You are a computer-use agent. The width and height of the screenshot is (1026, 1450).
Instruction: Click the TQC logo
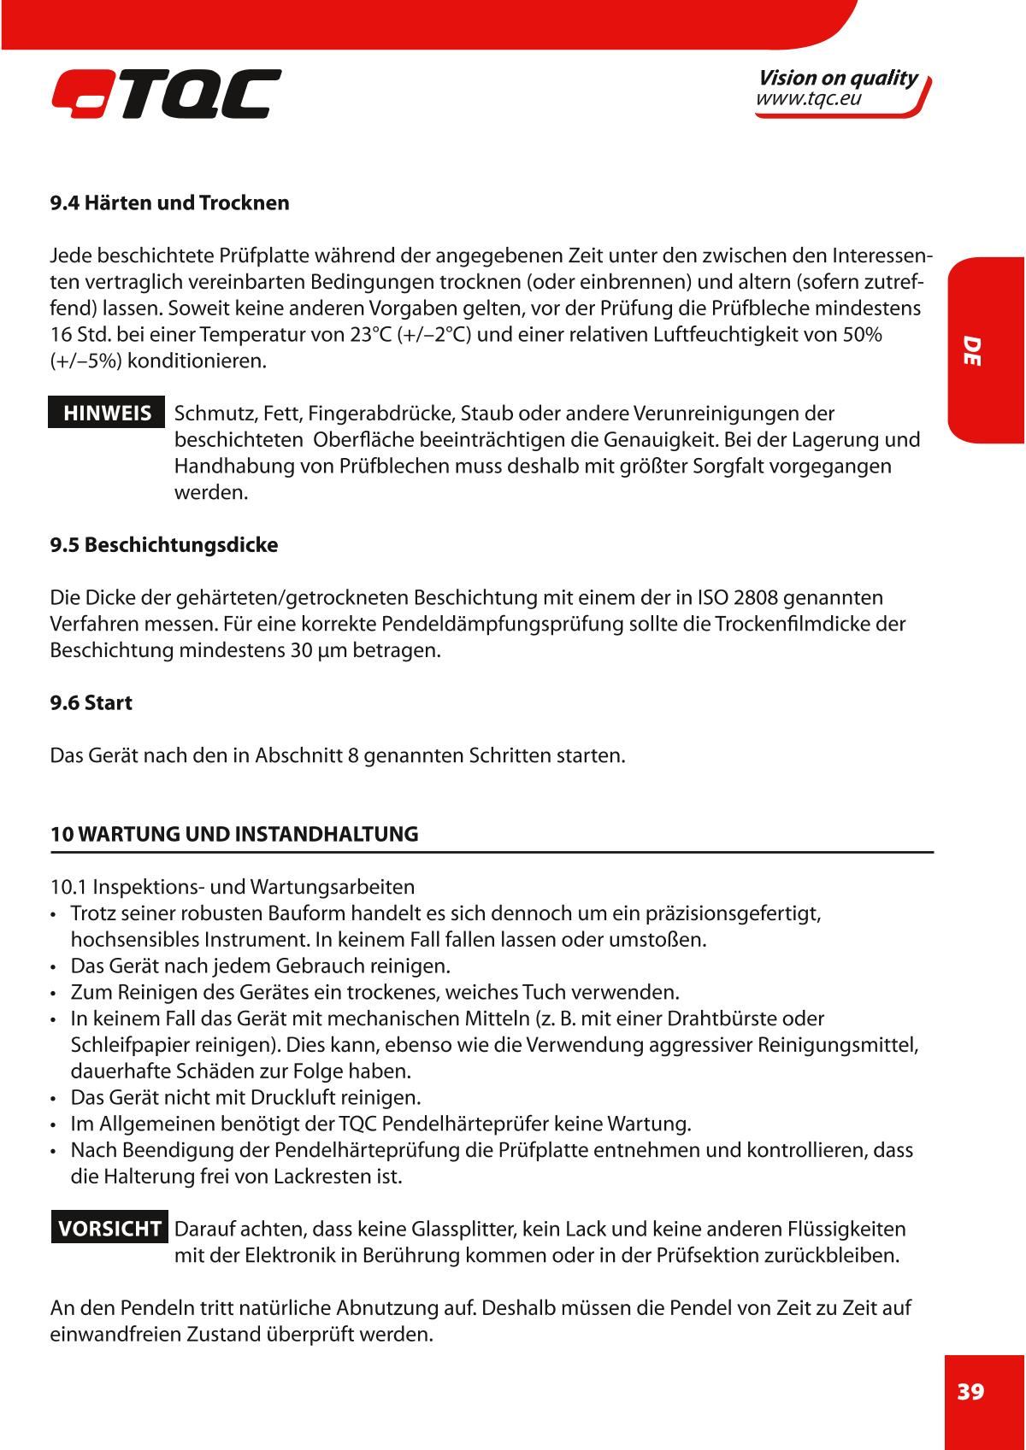tap(166, 93)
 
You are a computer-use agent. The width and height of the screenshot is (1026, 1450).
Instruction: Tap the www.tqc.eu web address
tap(808, 99)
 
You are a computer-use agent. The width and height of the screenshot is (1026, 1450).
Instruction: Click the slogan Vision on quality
tap(838, 78)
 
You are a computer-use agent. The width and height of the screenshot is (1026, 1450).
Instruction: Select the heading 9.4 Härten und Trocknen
tap(170, 203)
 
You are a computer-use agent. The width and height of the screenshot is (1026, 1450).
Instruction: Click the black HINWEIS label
tap(107, 414)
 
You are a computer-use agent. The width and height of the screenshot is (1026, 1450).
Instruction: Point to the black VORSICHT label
tap(109, 1229)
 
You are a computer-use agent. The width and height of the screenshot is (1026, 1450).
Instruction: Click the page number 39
tap(970, 1391)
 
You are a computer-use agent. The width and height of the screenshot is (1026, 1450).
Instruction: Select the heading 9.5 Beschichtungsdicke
tap(164, 545)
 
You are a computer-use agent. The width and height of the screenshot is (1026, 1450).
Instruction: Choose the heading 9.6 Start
tap(91, 703)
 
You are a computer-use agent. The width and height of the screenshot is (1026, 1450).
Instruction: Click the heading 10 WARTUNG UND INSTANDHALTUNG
tap(235, 834)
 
